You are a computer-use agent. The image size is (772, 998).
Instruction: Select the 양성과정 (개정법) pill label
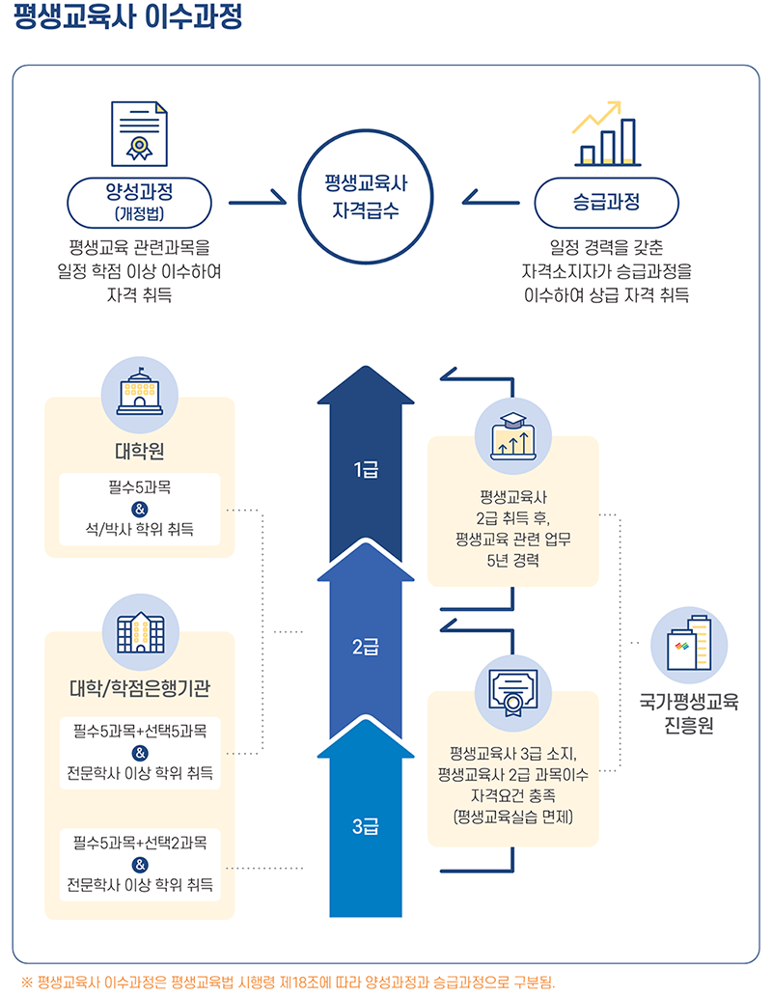(x=140, y=200)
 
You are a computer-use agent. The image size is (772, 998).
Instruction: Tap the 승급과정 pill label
(x=607, y=203)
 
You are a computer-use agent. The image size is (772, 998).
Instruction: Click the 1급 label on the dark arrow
(x=365, y=470)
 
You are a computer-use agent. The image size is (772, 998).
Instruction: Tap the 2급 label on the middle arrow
(x=365, y=648)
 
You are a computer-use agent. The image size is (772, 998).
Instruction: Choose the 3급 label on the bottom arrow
(x=365, y=826)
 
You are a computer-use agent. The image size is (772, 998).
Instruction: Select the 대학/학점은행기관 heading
(x=140, y=688)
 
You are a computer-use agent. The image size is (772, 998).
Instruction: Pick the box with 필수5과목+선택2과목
(x=140, y=864)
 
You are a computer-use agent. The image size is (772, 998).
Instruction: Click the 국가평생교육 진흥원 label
(x=689, y=713)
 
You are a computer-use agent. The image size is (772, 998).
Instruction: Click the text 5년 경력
(x=512, y=559)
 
